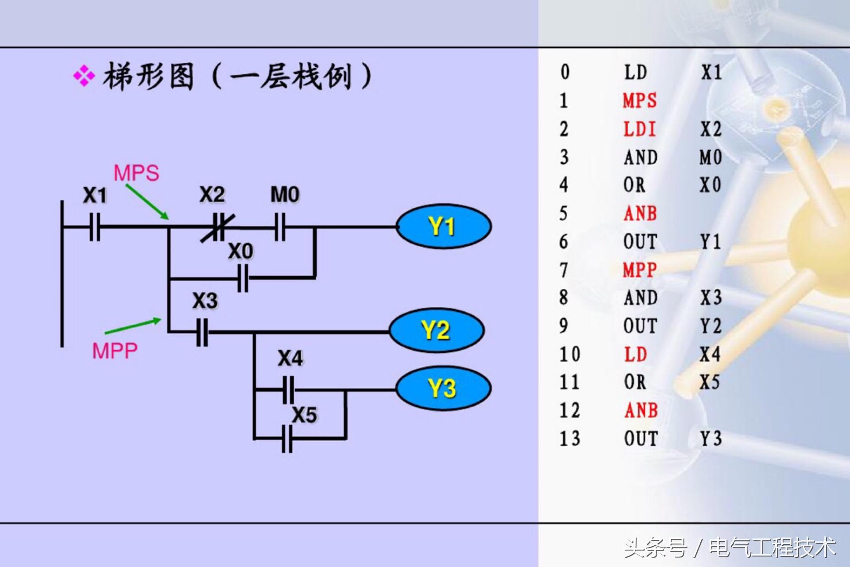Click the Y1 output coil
pos(443,226)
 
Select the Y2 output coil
pos(437,330)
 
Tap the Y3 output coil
pos(443,388)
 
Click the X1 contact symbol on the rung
pos(95,227)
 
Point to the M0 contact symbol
pos(280,227)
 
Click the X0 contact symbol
pos(243,278)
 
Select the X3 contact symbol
pos(202,331)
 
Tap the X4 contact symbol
pos(288,390)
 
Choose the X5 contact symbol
pos(287,439)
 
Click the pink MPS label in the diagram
pos(136,173)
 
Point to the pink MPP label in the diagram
pos(115,351)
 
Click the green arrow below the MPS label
pos(147,202)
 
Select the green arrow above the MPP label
pos(133,326)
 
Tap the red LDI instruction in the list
pos(639,129)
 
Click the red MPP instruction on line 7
pos(639,270)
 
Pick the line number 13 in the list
pos(570,439)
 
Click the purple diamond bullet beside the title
pos(84,76)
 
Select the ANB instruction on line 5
pos(640,214)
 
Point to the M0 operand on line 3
pos(711,157)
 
